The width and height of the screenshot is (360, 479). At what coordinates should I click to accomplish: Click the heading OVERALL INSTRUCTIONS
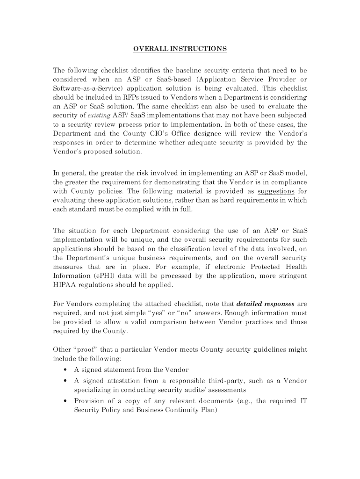pyautogui.click(x=180, y=49)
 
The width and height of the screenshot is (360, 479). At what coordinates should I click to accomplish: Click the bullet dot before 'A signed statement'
pyautogui.click(x=64, y=370)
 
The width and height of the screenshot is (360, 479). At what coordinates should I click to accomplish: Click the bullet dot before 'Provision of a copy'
pyautogui.click(x=64, y=401)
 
